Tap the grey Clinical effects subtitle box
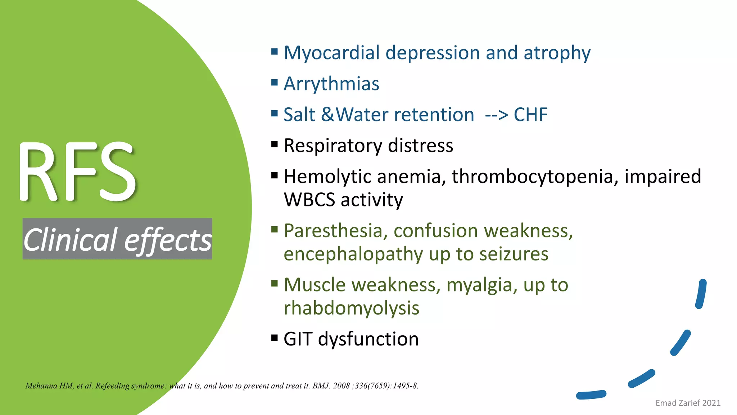tap(117, 239)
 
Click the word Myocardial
tap(331, 53)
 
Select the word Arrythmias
tap(331, 84)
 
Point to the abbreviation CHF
tap(530, 115)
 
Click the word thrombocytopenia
tap(532, 177)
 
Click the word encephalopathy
tap(353, 254)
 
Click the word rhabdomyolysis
tap(351, 308)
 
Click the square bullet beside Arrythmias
tap(275, 83)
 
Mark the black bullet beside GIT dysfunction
tap(275, 338)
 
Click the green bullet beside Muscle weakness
tap(275, 284)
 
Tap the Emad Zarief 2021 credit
tap(688, 403)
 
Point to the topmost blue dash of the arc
tap(701, 294)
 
